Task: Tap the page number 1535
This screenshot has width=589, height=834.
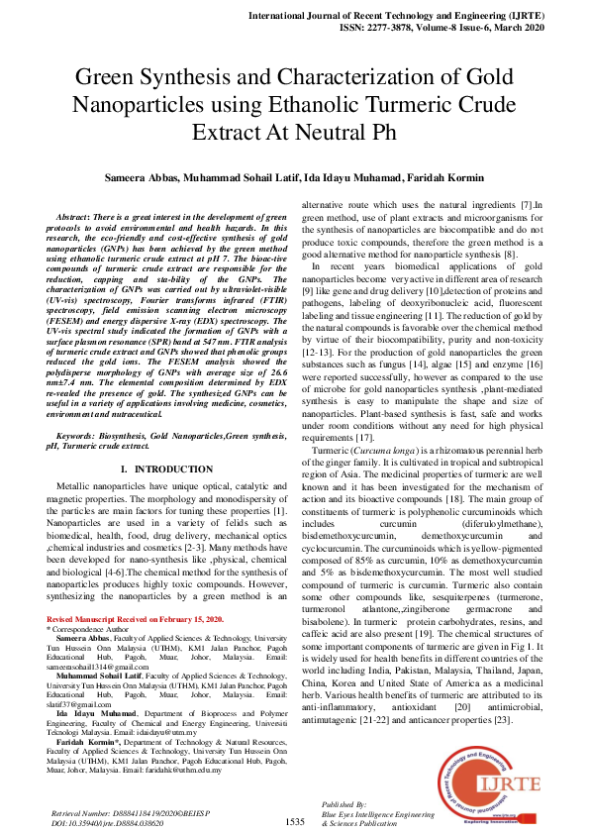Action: pos(294,821)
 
